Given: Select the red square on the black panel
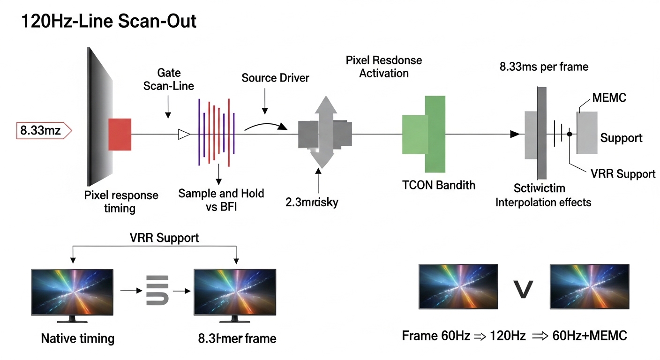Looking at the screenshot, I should point(120,134).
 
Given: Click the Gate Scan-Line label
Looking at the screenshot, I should point(176,79).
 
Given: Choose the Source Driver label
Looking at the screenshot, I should point(275,78).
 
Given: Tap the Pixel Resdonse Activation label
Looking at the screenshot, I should point(384,67).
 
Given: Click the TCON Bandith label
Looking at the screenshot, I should point(439,185).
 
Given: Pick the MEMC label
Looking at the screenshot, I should point(609,97).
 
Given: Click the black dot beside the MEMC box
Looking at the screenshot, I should point(570,134).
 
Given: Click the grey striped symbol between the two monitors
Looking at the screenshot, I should point(157,290).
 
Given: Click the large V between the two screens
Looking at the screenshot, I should point(523,289).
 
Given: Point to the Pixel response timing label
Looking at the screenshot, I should point(121,201).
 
